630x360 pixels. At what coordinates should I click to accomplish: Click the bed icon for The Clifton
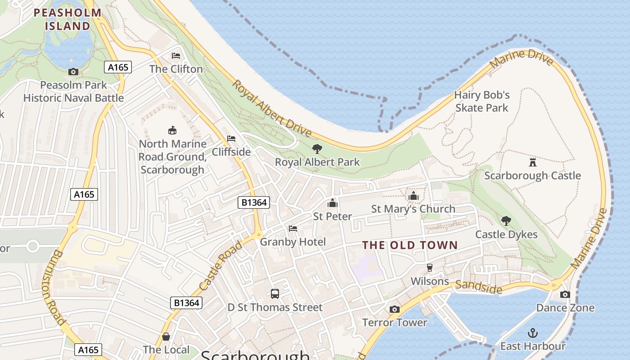click(x=176, y=56)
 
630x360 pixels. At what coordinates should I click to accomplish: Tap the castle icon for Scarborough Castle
click(x=533, y=162)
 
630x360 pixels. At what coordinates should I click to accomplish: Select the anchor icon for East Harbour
click(x=533, y=333)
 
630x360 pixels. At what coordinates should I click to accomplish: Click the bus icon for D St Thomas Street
click(x=275, y=294)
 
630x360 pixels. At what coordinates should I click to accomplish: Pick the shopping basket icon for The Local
click(x=166, y=337)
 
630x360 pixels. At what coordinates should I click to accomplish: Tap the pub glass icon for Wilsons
click(x=430, y=268)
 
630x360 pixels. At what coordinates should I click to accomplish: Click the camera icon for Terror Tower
click(x=395, y=309)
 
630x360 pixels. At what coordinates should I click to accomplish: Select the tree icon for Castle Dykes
click(x=506, y=221)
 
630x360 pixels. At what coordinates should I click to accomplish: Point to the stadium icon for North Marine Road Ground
click(x=172, y=130)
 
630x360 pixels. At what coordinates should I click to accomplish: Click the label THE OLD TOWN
click(x=410, y=245)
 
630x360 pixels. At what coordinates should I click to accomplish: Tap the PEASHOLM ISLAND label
click(x=68, y=19)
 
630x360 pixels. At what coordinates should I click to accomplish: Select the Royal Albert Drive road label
click(x=272, y=108)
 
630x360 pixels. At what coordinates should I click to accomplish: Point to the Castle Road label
click(x=220, y=266)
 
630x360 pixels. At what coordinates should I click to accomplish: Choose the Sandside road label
click(x=478, y=287)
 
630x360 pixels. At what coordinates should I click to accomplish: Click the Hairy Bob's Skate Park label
click(x=481, y=101)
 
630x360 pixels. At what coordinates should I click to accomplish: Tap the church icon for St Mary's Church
click(x=414, y=196)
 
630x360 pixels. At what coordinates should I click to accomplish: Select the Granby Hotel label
click(x=293, y=242)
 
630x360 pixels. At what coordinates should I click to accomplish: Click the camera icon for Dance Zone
click(x=565, y=294)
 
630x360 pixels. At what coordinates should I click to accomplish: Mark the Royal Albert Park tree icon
click(x=317, y=148)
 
